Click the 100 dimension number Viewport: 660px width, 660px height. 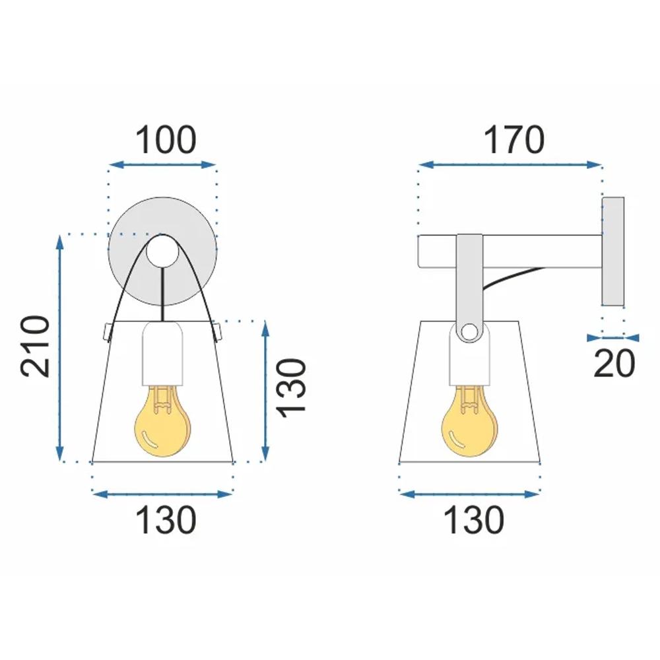166,140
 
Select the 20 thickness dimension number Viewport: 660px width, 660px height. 614,364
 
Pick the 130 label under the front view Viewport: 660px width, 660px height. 166,521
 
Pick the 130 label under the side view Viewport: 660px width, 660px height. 473,521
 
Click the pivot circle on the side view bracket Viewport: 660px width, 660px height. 470,331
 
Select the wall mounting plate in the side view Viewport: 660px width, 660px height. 613,251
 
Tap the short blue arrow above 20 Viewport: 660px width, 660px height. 614,337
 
